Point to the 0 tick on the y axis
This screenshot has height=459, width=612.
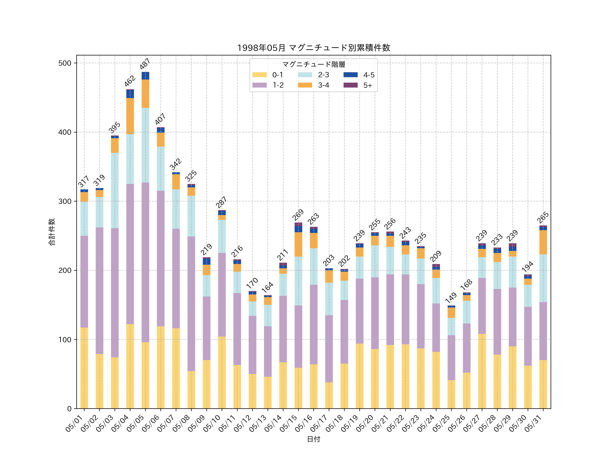pos(69,409)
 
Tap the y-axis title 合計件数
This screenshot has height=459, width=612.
pos(52,232)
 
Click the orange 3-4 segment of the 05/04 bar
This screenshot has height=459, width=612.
pos(130,116)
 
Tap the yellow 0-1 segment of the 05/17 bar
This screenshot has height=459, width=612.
pos(329,395)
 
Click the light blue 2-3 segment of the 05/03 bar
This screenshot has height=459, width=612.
pos(115,190)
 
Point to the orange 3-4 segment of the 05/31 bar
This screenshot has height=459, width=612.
pos(543,242)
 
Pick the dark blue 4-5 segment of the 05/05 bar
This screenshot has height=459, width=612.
pos(145,76)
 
